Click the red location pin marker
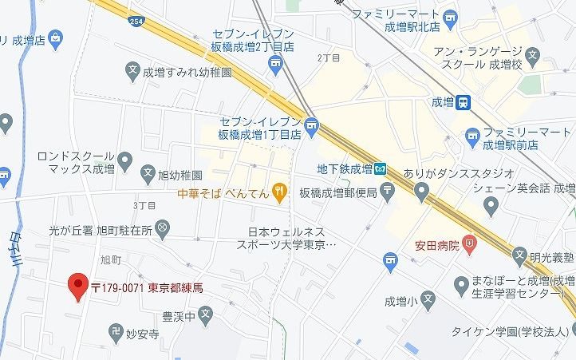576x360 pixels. [x=77, y=286]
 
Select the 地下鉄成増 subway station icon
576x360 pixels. [x=381, y=168]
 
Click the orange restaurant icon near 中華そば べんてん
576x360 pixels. [x=278, y=190]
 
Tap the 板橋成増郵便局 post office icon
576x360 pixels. [x=387, y=190]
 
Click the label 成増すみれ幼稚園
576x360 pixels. [x=187, y=71]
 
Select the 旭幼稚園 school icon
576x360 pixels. [x=147, y=172]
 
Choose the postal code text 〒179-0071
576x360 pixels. [x=116, y=287]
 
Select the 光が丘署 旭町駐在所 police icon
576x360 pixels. [x=163, y=229]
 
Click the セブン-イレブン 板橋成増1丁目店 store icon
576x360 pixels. [x=311, y=125]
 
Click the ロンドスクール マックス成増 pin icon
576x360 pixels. [x=124, y=163]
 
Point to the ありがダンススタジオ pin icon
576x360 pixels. [x=422, y=188]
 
